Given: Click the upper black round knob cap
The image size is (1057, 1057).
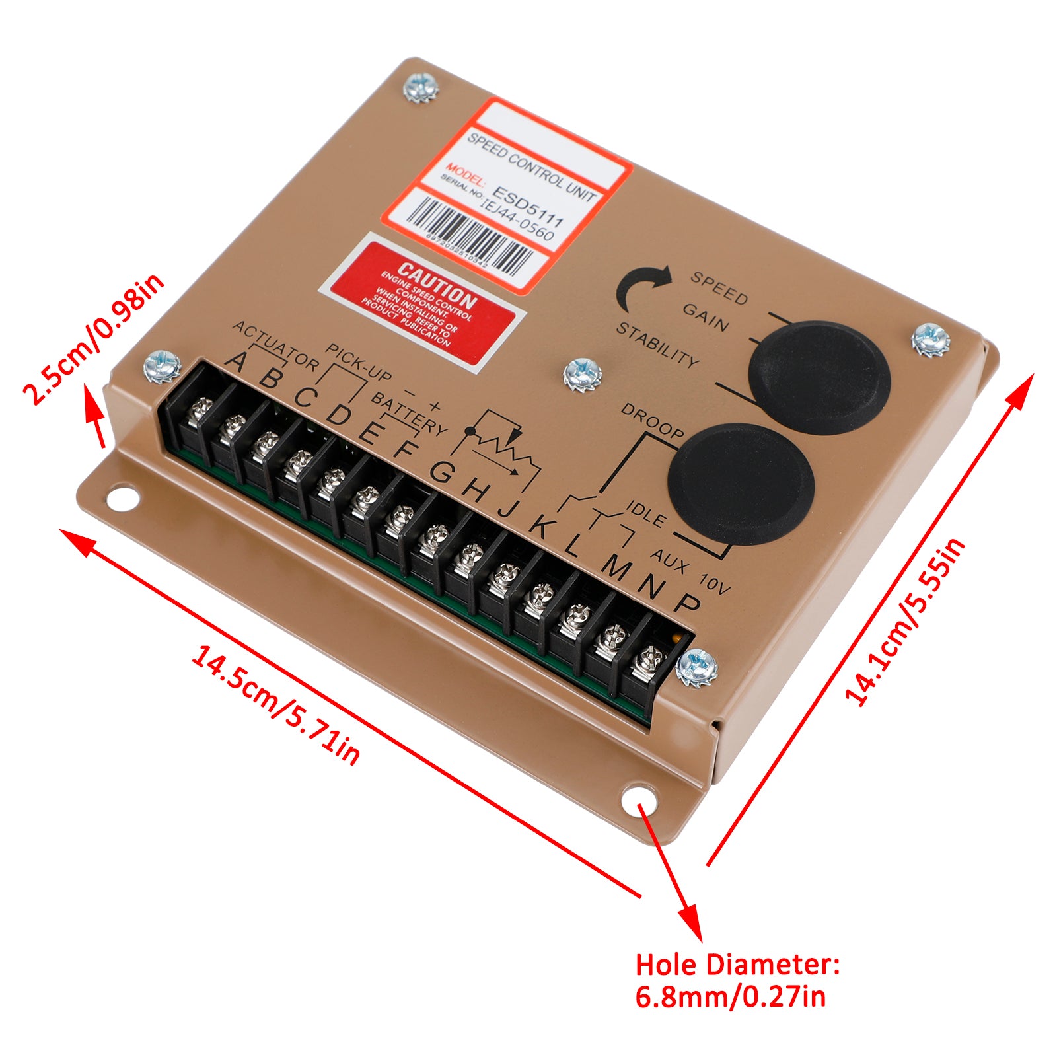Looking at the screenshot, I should pyautogui.click(x=819, y=377).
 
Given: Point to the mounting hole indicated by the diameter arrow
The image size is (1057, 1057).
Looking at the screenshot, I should pyautogui.click(x=638, y=801).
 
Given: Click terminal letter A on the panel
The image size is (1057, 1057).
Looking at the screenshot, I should pyautogui.click(x=237, y=361).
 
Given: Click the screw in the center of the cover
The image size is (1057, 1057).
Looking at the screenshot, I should pyautogui.click(x=582, y=375).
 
